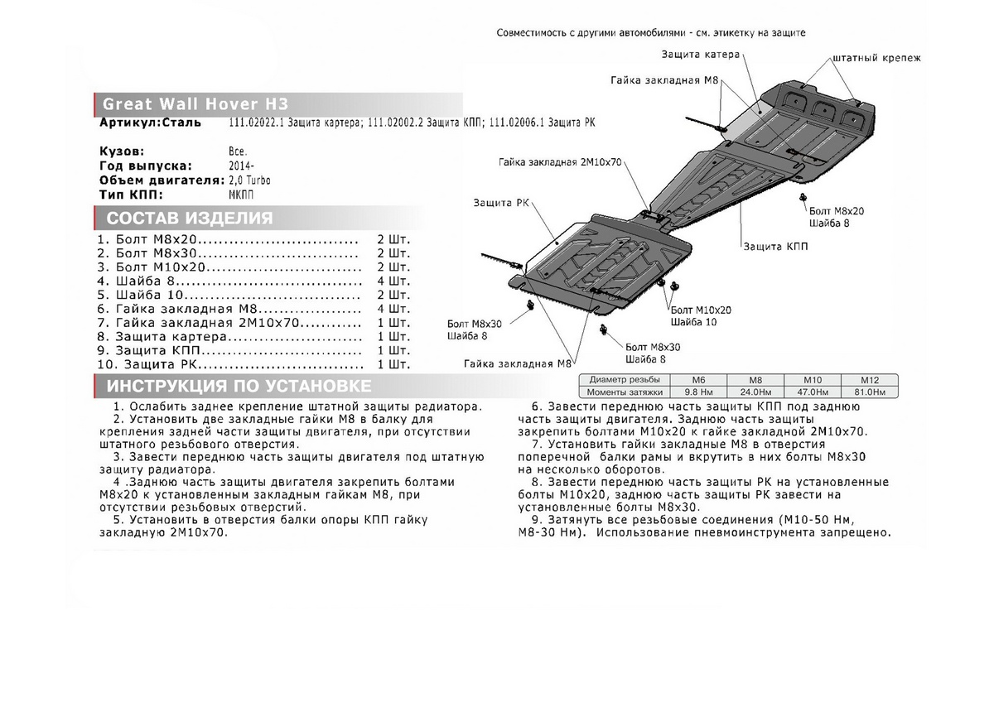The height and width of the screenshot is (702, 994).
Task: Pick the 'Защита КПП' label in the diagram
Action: pos(775,247)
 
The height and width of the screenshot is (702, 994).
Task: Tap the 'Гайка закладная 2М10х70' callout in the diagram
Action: pos(560,161)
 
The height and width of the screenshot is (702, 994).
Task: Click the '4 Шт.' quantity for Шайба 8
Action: pos(393,281)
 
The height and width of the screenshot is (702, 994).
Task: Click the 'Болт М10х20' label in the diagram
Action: pos(701,309)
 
